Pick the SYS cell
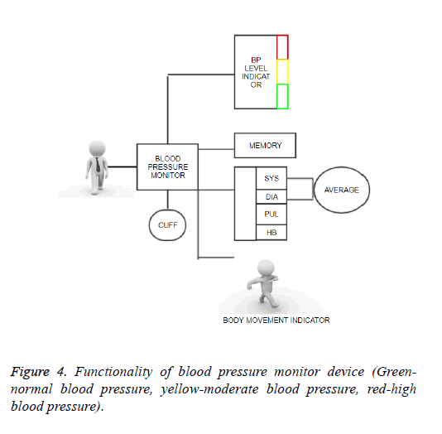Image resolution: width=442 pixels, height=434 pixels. coord(271,178)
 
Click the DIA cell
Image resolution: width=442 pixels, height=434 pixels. coord(271,196)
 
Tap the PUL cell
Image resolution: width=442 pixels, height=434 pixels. coord(271,215)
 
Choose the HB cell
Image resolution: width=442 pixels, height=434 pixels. coord(271,233)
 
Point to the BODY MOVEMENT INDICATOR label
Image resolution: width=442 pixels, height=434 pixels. coord(276,321)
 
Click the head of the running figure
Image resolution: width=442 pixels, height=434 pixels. coord(266,268)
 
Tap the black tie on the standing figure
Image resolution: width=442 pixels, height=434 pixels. coord(98,165)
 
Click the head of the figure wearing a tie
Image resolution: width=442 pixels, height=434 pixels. coord(97,148)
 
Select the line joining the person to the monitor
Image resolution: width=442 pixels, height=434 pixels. coord(123,167)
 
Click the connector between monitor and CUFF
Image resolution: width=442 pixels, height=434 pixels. coord(168,200)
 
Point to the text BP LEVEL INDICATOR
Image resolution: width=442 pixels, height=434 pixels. coord(256,73)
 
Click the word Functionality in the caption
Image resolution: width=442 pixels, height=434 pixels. coord(113,372)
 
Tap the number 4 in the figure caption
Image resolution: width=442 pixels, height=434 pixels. coord(61,372)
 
